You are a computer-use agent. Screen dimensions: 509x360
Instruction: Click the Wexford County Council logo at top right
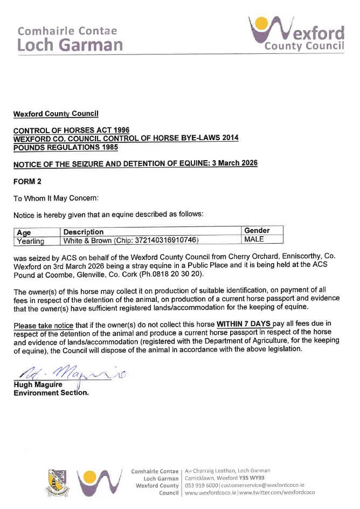point(296,33)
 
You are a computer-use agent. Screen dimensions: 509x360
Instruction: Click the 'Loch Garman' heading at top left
point(70,44)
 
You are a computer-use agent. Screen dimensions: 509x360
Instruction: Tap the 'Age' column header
point(24,232)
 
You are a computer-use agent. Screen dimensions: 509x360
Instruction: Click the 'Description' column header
point(84,232)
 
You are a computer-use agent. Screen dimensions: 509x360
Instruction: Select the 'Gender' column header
point(257,231)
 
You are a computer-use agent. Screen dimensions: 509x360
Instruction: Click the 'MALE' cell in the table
point(254,239)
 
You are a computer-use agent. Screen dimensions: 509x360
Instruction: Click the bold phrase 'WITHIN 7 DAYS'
point(244,325)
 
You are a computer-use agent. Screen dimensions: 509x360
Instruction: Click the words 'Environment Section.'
point(51,393)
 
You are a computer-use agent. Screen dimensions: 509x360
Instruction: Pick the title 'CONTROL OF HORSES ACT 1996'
point(72,131)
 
